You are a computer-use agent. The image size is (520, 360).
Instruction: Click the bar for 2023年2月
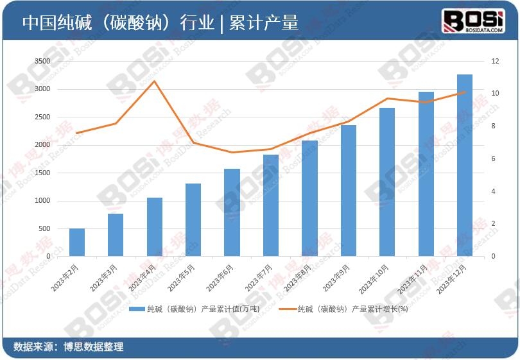click(x=77, y=243)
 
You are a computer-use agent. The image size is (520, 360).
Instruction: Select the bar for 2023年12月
click(x=464, y=166)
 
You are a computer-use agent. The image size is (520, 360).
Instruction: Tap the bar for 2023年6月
click(x=232, y=212)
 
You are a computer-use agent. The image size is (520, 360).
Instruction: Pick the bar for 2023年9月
click(x=348, y=191)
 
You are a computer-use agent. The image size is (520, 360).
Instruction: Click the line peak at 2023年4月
click(x=155, y=81)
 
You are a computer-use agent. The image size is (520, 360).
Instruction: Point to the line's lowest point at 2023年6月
click(x=232, y=152)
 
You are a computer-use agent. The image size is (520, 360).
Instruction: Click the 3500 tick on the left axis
click(x=42, y=61)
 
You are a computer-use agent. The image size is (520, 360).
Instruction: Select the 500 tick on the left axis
click(x=44, y=229)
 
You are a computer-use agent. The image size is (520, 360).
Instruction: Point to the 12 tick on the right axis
click(x=495, y=61)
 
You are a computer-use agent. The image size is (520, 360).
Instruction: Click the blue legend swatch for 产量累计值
click(x=137, y=309)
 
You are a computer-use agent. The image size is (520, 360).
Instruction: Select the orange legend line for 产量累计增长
click(x=288, y=309)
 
